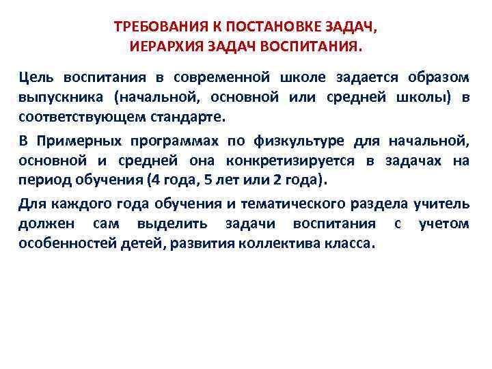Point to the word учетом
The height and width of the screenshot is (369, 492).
pos(443,223)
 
